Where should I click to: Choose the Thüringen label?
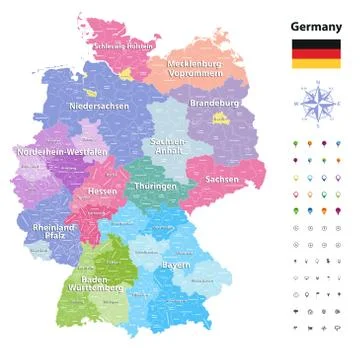157,186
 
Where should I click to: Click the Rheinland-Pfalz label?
54,233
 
